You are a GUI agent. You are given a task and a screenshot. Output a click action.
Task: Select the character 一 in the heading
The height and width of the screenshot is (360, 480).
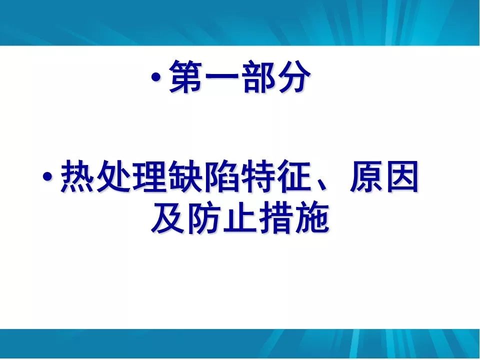click(223, 77)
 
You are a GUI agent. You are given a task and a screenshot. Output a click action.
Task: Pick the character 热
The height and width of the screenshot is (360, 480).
click(77, 177)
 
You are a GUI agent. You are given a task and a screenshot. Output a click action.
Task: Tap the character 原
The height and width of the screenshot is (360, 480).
click(366, 177)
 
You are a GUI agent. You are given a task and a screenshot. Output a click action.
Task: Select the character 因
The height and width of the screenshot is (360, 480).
click(402, 177)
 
